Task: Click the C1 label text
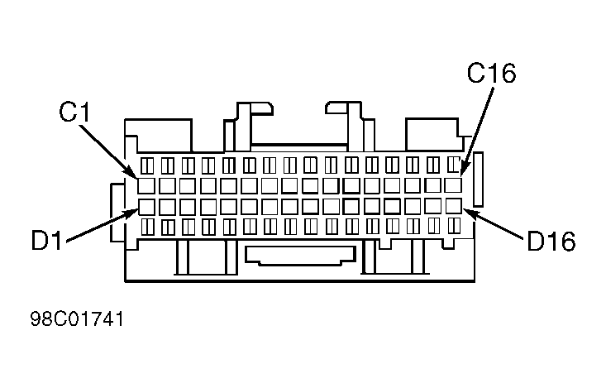click(x=74, y=113)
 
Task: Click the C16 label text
click(x=491, y=73)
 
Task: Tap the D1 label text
click(x=46, y=240)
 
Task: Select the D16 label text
click(x=551, y=241)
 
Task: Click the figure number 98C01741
click(x=77, y=319)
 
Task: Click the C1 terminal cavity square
click(x=146, y=185)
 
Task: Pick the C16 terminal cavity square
click(x=453, y=185)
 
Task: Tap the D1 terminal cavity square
click(x=146, y=207)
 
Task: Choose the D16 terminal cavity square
click(x=454, y=206)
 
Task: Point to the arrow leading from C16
click(x=477, y=132)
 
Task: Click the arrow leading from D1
click(x=103, y=226)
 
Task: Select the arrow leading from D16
click(x=494, y=223)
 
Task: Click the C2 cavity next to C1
click(x=167, y=185)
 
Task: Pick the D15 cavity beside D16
click(x=433, y=206)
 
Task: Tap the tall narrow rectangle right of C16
click(x=479, y=180)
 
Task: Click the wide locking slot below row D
click(x=300, y=256)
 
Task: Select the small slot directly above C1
click(x=147, y=165)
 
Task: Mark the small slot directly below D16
click(x=454, y=225)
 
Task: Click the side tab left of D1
click(x=117, y=213)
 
